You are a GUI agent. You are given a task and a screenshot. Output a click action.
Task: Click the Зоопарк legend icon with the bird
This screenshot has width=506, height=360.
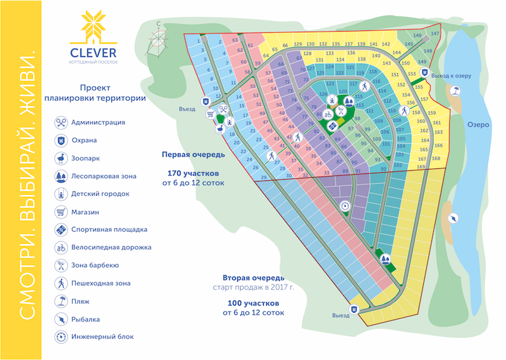[x=61, y=158]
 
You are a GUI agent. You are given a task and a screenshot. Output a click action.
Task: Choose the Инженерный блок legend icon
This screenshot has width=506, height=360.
[x=61, y=337]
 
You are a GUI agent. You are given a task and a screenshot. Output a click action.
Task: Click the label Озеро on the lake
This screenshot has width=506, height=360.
[x=478, y=125]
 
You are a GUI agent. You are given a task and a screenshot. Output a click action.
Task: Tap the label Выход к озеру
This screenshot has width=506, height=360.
[x=452, y=76]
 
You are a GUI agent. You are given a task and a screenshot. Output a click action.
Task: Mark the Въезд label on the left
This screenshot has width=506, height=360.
[x=185, y=108]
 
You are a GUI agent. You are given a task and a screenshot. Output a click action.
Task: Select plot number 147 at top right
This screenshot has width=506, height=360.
[x=435, y=34]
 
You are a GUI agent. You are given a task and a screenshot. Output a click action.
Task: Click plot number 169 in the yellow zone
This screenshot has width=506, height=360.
[x=421, y=167]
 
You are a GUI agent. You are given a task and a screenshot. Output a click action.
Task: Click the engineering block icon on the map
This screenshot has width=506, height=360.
[x=345, y=206]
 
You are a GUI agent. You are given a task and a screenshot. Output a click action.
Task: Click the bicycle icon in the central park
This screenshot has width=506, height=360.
[x=328, y=115]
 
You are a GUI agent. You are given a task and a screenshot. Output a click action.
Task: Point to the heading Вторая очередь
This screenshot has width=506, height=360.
[x=253, y=278]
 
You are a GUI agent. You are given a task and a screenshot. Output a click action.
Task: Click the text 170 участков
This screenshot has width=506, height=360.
[x=193, y=173]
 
